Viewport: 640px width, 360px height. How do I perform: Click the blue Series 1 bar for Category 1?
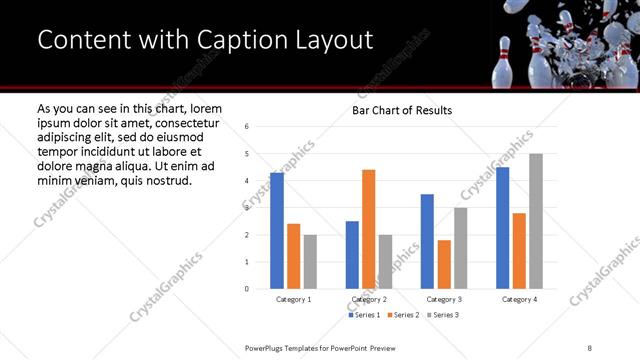tap(277, 231)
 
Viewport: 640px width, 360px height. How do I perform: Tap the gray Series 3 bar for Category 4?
tap(536, 221)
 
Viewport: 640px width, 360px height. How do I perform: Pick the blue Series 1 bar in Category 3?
tap(427, 241)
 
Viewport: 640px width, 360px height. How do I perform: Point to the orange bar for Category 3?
tap(444, 264)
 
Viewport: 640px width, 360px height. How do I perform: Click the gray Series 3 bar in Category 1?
tap(310, 262)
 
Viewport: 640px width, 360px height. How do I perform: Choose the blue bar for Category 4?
tap(503, 228)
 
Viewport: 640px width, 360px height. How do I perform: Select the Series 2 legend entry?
tap(403, 315)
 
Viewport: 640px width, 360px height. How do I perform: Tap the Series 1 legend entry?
tap(365, 315)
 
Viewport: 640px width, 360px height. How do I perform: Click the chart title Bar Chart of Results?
tap(402, 110)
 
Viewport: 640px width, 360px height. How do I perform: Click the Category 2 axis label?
tap(368, 299)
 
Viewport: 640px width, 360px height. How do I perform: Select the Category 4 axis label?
tap(519, 299)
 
